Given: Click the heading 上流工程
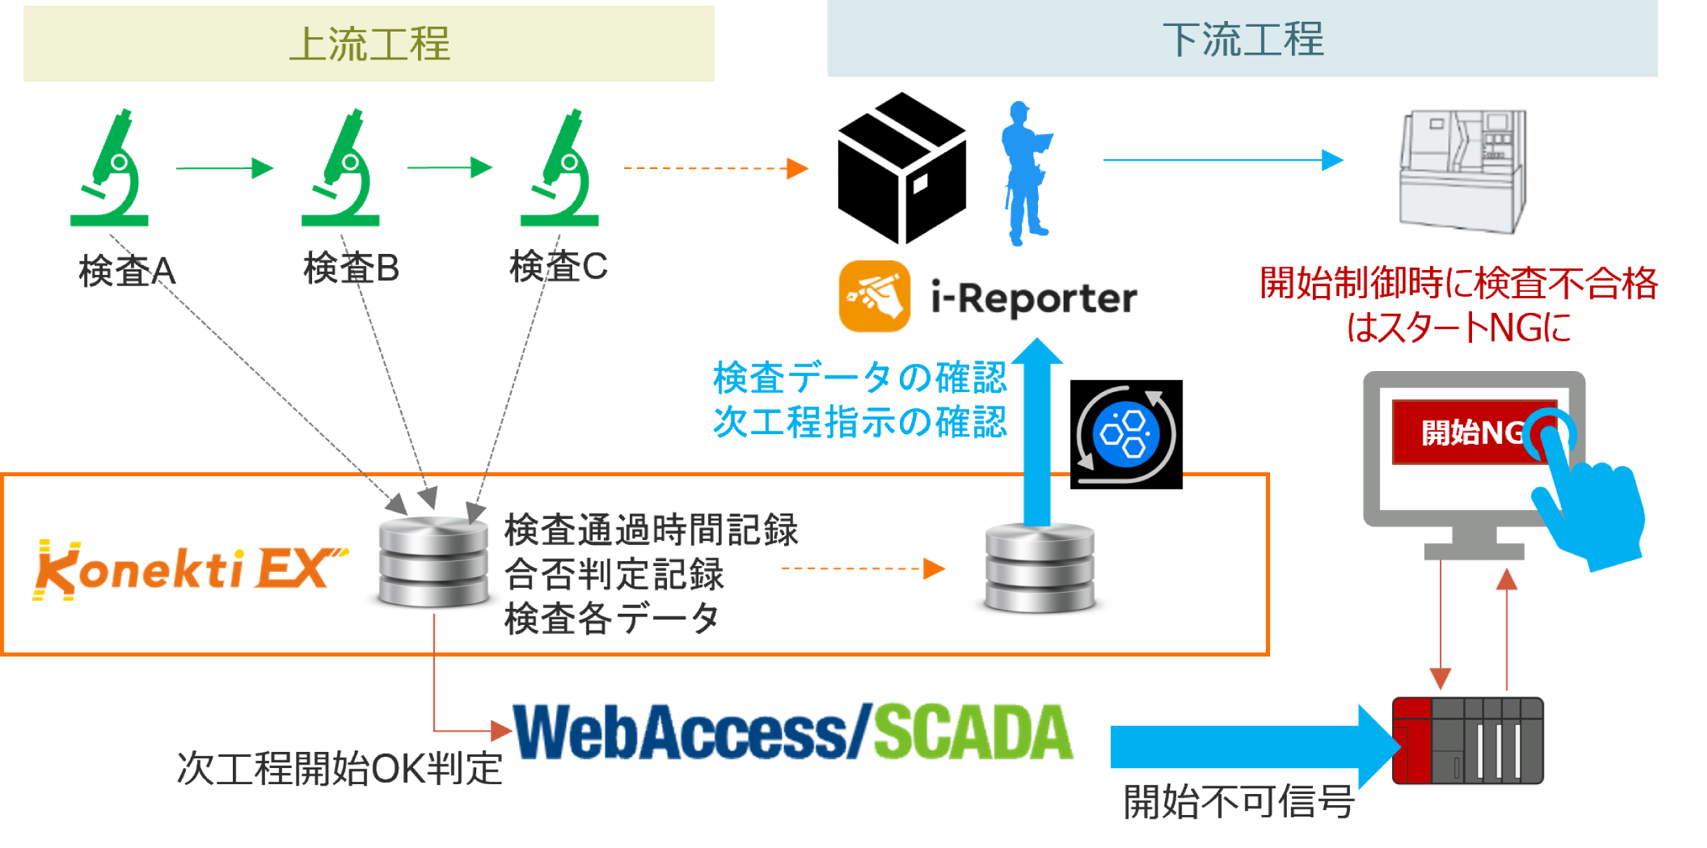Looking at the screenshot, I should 370,43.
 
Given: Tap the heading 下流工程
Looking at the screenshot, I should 1243,39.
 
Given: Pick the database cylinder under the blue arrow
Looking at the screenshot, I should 1039,568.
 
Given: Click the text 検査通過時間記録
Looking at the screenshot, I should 651,530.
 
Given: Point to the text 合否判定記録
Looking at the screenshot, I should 614,574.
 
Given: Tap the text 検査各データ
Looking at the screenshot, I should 612,619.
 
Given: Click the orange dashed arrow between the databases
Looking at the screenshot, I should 863,569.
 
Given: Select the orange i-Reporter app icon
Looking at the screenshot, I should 873,297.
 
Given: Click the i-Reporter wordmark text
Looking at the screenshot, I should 1031,299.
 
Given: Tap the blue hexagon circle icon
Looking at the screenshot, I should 1126,434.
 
